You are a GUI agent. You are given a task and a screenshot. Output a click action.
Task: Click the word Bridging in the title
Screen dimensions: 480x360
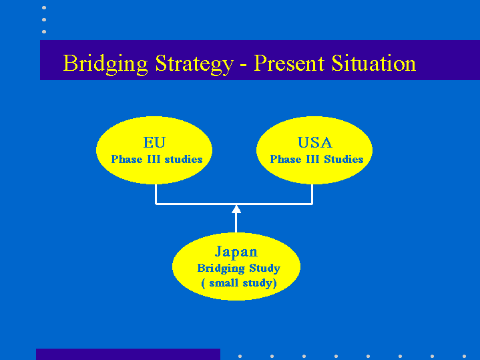(x=105, y=64)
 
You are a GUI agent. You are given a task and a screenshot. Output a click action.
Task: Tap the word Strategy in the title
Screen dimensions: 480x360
(x=194, y=64)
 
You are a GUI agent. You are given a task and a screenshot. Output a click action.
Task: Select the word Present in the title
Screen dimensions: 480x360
(x=289, y=63)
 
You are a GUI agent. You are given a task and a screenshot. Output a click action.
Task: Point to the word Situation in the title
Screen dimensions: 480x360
(x=374, y=63)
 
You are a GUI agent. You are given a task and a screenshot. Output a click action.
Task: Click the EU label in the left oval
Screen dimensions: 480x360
(x=154, y=142)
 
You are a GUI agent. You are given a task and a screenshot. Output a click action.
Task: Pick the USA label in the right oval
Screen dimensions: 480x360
(x=314, y=142)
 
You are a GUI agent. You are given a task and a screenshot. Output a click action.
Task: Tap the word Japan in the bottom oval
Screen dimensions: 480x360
(x=236, y=252)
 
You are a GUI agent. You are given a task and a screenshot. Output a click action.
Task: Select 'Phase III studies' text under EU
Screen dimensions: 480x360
(x=157, y=160)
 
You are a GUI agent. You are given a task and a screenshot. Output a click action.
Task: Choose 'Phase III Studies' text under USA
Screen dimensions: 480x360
(x=316, y=160)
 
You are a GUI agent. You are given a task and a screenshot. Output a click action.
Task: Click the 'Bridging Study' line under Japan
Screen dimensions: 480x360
(x=239, y=268)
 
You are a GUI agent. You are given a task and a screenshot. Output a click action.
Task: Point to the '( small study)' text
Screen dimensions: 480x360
(x=239, y=283)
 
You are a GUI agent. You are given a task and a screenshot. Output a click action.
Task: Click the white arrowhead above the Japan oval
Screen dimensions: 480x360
(x=236, y=209)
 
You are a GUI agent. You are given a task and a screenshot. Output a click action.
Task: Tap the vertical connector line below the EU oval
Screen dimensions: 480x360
(x=156, y=194)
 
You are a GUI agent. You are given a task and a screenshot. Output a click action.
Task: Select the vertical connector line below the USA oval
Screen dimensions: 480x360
(x=312, y=194)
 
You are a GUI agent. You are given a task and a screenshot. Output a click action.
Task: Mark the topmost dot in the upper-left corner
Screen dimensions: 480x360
(x=44, y=7)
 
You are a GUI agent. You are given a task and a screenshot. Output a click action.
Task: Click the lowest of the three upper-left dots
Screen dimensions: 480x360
(x=44, y=31)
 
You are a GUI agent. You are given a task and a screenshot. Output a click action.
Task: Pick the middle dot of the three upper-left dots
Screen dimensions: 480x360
(x=44, y=19)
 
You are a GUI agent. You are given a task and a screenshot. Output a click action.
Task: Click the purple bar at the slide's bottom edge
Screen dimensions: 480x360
(x=128, y=354)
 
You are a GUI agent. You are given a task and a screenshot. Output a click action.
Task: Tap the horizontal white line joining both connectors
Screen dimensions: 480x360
(x=234, y=204)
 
